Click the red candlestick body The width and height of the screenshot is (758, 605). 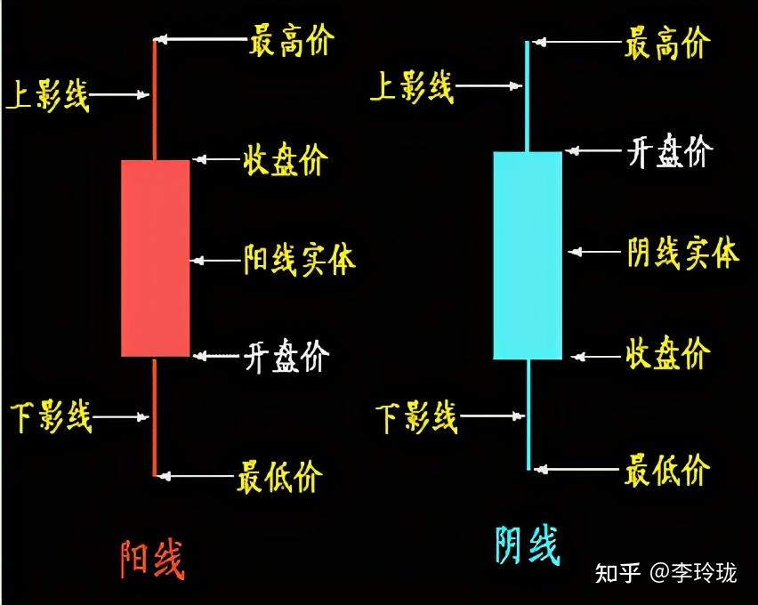pyautogui.click(x=155, y=258)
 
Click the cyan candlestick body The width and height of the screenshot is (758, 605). pyautogui.click(x=528, y=256)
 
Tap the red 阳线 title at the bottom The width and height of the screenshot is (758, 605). pyautogui.click(x=152, y=560)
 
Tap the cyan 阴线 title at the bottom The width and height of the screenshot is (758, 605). pyautogui.click(x=528, y=545)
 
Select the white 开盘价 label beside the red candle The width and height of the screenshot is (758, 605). pyautogui.click(x=286, y=356)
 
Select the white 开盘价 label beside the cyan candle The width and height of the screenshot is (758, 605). pyautogui.click(x=670, y=151)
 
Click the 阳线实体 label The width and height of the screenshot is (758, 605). pyautogui.click(x=299, y=260)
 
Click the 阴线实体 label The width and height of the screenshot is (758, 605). pyautogui.click(x=683, y=252)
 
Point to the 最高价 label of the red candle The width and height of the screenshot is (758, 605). pyautogui.click(x=292, y=41)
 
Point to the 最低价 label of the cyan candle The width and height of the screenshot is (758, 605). pyautogui.click(x=667, y=469)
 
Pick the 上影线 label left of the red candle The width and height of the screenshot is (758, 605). pyautogui.click(x=47, y=95)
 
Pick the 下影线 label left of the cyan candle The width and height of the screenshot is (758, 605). pyautogui.click(x=416, y=416)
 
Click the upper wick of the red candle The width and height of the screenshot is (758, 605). pyautogui.click(x=155, y=101)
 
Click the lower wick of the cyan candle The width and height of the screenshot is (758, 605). pyautogui.click(x=528, y=415)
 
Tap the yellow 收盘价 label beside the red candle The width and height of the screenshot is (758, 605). pyautogui.click(x=286, y=159)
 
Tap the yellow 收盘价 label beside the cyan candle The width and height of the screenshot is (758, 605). pyautogui.click(x=668, y=353)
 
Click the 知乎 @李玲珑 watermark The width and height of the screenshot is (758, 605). pyautogui.click(x=665, y=573)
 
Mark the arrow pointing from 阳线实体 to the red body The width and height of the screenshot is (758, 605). pyautogui.click(x=214, y=261)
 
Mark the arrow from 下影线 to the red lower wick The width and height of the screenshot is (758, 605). pyautogui.click(x=120, y=416)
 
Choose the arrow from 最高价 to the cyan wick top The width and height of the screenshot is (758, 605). pyautogui.click(x=577, y=42)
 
